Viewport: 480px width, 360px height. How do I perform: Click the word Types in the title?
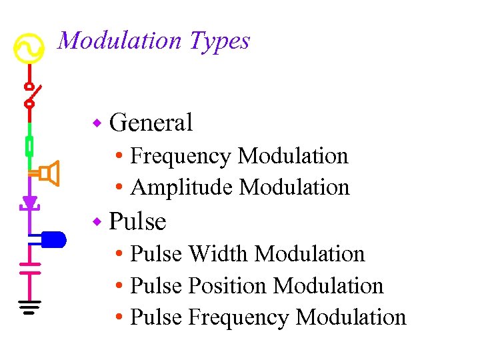click(x=219, y=41)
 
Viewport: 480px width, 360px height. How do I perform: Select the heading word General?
click(x=151, y=123)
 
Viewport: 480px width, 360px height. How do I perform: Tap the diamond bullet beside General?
click(x=97, y=123)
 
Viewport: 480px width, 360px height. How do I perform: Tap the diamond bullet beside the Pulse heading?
click(x=97, y=221)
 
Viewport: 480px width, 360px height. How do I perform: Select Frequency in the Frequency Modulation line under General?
click(x=181, y=156)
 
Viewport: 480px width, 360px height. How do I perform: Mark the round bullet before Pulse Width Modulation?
click(x=118, y=255)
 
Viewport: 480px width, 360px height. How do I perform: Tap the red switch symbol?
click(x=31, y=95)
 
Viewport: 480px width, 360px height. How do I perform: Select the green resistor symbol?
click(x=29, y=145)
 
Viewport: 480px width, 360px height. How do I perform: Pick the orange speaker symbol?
click(x=49, y=174)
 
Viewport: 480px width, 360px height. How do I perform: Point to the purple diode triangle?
click(x=29, y=202)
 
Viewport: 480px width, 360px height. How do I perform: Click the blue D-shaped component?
click(x=52, y=239)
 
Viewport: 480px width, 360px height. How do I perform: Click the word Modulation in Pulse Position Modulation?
click(x=329, y=286)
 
